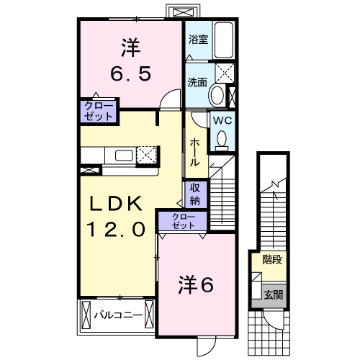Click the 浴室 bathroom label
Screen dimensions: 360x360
click(198, 40)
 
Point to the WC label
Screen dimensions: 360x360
click(220, 120)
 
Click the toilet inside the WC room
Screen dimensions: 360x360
click(222, 139)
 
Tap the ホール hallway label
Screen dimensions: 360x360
click(195, 153)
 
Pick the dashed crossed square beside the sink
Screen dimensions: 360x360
click(147, 155)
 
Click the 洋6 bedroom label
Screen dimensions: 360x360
click(196, 285)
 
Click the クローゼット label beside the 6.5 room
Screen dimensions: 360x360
click(97, 111)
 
